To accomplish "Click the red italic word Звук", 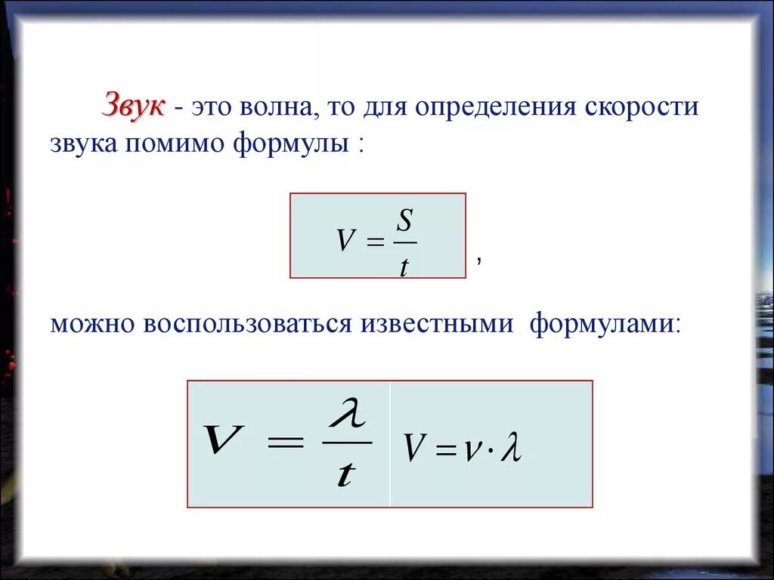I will (x=133, y=106).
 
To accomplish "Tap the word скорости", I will (x=641, y=107).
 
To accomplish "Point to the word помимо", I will (x=173, y=144).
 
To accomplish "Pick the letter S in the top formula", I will (x=405, y=222).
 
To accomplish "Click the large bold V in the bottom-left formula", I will (x=224, y=440).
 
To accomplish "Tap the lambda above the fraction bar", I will (x=347, y=415).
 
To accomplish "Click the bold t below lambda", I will (x=346, y=474).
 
